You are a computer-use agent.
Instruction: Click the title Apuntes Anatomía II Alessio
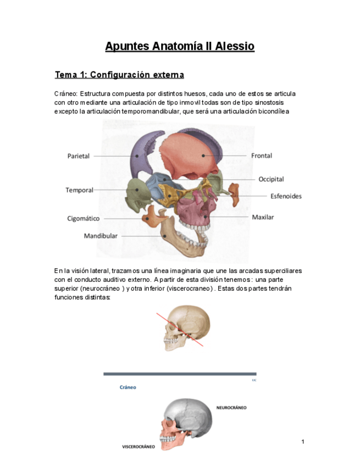click(x=180, y=46)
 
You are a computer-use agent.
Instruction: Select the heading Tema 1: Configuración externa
click(x=119, y=75)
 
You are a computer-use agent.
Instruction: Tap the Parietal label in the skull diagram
click(x=79, y=156)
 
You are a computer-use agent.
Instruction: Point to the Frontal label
click(x=262, y=156)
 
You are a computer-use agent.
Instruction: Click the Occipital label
click(x=271, y=179)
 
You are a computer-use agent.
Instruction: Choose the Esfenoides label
click(x=286, y=196)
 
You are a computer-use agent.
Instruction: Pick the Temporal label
click(x=79, y=190)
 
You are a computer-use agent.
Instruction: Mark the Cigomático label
click(x=84, y=218)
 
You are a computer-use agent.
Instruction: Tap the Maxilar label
click(x=263, y=217)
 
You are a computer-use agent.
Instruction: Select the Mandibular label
click(x=101, y=236)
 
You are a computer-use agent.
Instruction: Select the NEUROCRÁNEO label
click(x=231, y=408)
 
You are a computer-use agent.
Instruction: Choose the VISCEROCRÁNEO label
click(x=139, y=447)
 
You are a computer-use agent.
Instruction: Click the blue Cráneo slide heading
click(x=128, y=387)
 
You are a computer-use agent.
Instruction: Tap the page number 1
click(x=302, y=442)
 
